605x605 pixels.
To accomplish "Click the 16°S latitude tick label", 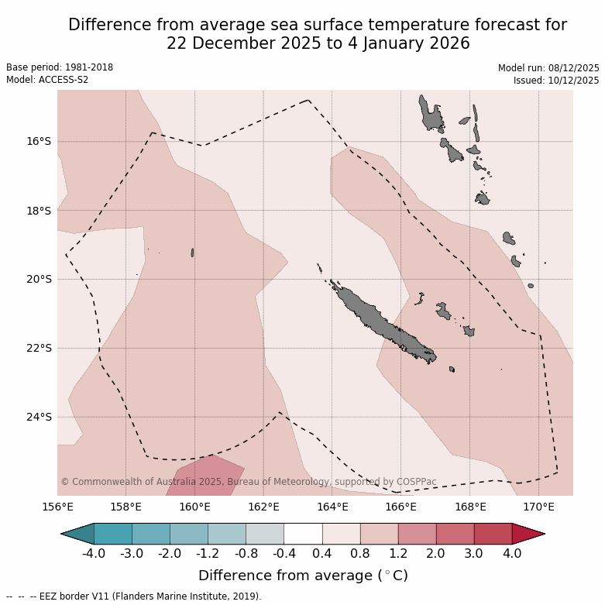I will [x=38, y=141].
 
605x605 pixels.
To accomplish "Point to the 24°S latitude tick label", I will [x=38, y=417].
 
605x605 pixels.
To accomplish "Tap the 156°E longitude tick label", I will [x=57, y=507].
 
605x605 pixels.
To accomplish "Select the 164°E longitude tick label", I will [x=332, y=507].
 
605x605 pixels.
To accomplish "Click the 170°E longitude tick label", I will [x=538, y=507].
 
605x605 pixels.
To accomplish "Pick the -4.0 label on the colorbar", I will [x=94, y=554].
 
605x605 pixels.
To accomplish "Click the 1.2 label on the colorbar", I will [x=398, y=554].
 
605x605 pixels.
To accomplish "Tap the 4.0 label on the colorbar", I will [x=512, y=554].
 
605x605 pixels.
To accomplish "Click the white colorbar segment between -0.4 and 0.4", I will [x=303, y=534].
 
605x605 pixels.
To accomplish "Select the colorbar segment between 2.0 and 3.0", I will [x=455, y=534].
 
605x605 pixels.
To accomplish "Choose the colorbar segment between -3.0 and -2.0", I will [x=151, y=534].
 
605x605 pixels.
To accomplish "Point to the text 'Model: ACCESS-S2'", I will [x=46, y=80].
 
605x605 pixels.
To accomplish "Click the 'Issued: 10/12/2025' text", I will [x=556, y=80].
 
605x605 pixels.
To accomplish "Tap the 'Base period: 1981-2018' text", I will [x=60, y=67].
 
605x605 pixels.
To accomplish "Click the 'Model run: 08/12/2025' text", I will [x=548, y=67].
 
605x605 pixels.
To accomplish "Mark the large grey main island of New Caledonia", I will [x=380, y=321].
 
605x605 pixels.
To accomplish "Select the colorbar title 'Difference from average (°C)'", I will [x=303, y=576].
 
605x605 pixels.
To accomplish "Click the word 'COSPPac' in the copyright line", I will [x=416, y=482].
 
